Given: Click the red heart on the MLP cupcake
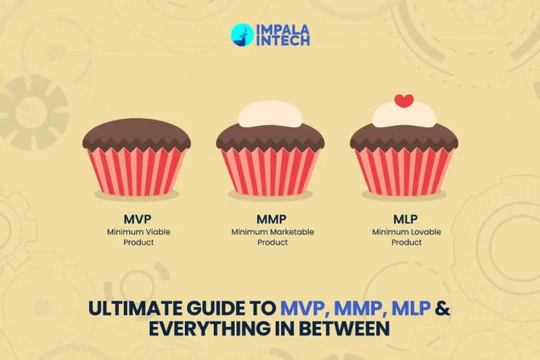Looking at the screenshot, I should click(x=404, y=101).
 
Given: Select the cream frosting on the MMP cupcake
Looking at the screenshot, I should click(x=270, y=114).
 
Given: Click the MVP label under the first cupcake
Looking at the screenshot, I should click(x=136, y=219).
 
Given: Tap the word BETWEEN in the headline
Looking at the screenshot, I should click(x=349, y=328).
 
